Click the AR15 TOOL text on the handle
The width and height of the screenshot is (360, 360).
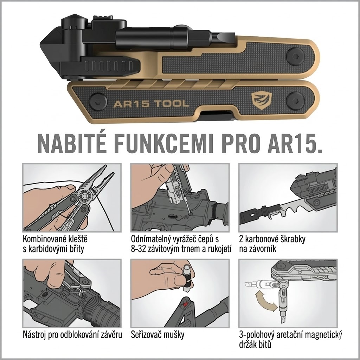pos(151,104)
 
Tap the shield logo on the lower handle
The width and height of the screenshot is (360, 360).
pos(262,100)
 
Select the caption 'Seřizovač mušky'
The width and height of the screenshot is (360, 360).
pos(157,335)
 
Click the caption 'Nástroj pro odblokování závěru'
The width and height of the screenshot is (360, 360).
pos(72,335)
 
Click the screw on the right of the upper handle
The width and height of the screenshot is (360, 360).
pos(295,56)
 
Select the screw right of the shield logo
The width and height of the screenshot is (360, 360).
pos(295,100)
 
